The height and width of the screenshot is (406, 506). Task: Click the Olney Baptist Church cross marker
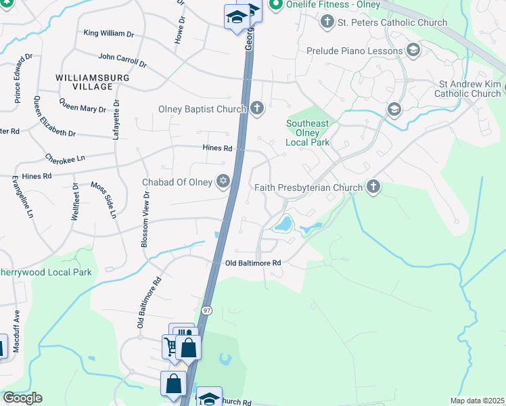(256, 108)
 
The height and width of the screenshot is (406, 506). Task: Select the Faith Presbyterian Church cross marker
(373, 187)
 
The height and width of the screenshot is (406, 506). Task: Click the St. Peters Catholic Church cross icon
(327, 22)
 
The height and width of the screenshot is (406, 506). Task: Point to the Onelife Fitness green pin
(275, 5)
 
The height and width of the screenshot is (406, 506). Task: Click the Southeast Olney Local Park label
(307, 133)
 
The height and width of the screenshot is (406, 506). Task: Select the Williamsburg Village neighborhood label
(93, 82)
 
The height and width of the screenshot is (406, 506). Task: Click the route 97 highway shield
(206, 310)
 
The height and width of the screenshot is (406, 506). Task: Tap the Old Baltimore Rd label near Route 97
(252, 263)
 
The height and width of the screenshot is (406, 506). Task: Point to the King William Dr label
(110, 32)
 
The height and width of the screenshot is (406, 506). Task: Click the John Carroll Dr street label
(122, 61)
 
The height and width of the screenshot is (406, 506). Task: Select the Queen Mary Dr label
(83, 106)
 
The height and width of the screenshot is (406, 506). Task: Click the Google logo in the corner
(22, 398)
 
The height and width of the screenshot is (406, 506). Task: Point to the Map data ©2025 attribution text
(477, 401)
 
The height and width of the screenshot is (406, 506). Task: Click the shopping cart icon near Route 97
(170, 347)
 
